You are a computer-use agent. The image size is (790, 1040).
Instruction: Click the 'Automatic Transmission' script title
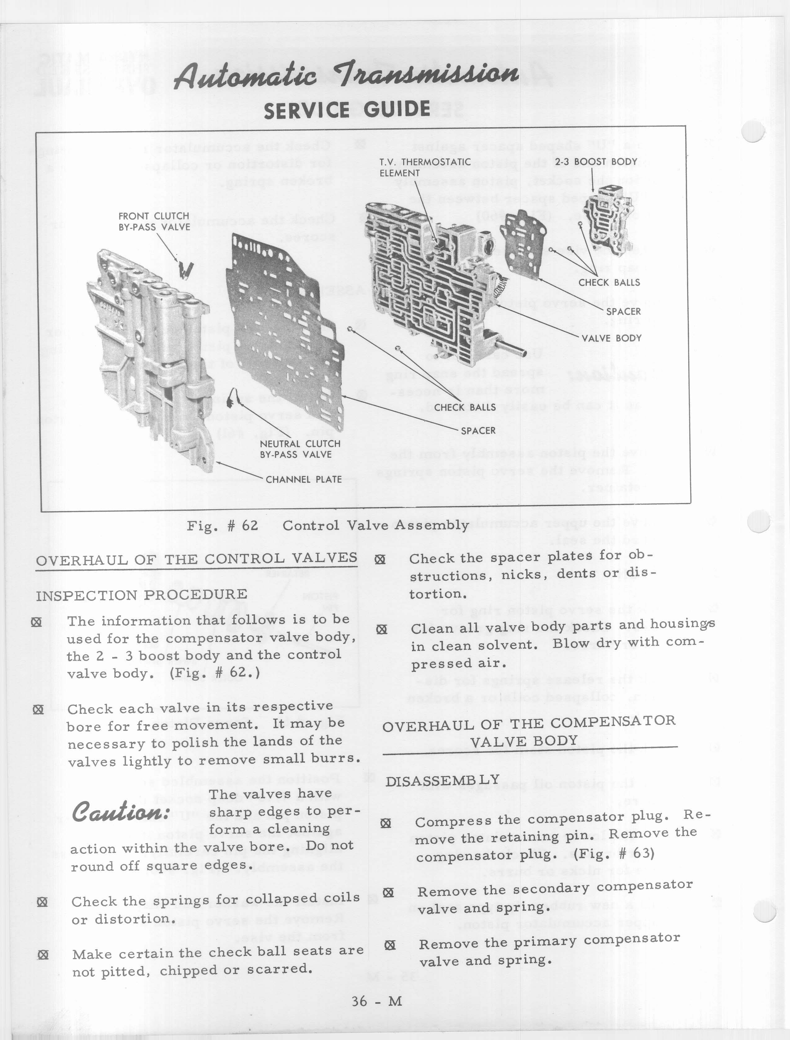(x=346, y=75)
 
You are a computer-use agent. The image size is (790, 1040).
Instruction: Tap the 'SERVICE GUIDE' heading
(x=347, y=110)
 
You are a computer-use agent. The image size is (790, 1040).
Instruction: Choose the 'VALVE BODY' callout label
(x=611, y=338)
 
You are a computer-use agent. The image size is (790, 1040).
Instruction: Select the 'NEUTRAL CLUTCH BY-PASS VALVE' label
(x=300, y=449)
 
